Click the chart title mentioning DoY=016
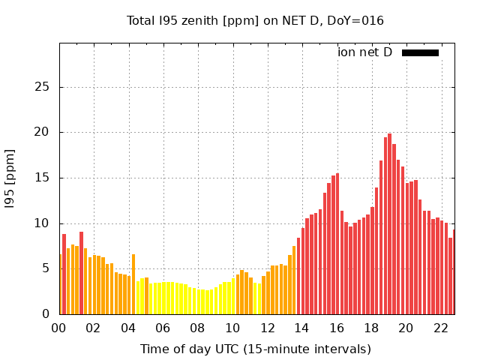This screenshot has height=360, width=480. [x=255, y=20]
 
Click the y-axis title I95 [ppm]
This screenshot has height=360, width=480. [x=10, y=178]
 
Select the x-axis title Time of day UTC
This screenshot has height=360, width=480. [x=255, y=349]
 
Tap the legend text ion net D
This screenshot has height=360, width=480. [x=364, y=52]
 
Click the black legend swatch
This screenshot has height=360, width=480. [x=420, y=52]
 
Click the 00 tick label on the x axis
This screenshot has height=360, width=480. [x=59, y=328]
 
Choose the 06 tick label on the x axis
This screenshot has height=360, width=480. [x=163, y=328]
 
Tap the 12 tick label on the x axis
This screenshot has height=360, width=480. [x=267, y=328]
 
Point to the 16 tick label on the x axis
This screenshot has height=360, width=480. [x=337, y=328]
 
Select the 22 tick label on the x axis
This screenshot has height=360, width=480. [x=441, y=328]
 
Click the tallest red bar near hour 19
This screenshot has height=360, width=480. [x=390, y=225]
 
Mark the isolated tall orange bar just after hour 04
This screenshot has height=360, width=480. [x=133, y=285]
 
